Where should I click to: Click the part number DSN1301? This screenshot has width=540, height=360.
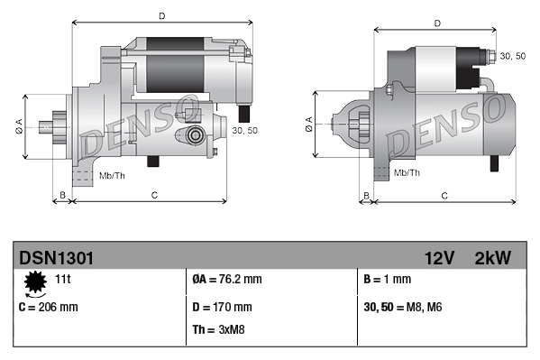click(x=56, y=259)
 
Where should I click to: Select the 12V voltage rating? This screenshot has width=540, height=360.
click(x=440, y=259)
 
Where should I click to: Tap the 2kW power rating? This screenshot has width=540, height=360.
click(x=492, y=259)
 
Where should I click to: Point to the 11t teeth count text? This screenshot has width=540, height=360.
click(x=63, y=280)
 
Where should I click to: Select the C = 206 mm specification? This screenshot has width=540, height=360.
click(x=49, y=307)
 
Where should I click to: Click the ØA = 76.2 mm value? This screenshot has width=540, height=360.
click(x=227, y=280)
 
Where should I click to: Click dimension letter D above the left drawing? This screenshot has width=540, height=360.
click(x=160, y=15)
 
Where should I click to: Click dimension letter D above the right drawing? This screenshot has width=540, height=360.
click(x=436, y=23)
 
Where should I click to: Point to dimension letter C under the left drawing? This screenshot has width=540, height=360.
click(x=155, y=195)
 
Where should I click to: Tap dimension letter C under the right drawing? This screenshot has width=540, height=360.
click(x=444, y=195)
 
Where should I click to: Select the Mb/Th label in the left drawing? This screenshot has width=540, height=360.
click(x=112, y=174)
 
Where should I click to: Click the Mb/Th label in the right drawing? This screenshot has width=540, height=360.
click(x=407, y=171)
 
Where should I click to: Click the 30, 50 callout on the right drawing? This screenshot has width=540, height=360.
click(x=512, y=56)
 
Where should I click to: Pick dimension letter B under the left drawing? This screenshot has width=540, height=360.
click(x=62, y=195)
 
